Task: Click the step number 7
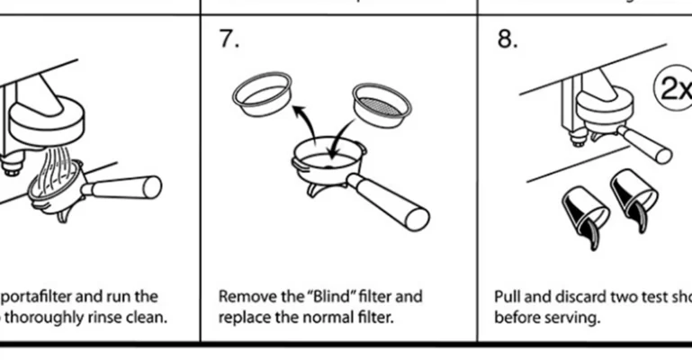click(x=229, y=40)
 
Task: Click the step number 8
click(x=507, y=40)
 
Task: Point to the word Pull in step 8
click(x=507, y=297)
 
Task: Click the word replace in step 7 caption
click(x=241, y=318)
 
